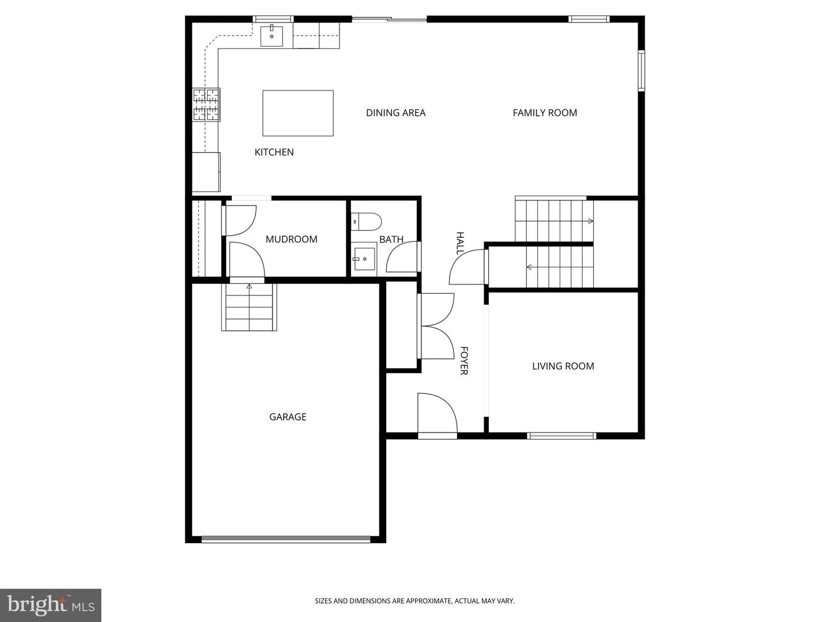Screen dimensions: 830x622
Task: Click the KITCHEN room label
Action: click(274, 152)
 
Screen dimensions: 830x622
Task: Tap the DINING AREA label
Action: click(395, 112)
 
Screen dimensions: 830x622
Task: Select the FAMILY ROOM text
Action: click(545, 112)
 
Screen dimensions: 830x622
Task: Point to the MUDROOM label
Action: click(291, 239)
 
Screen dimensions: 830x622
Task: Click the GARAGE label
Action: click(288, 417)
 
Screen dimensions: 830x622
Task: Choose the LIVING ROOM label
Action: click(563, 366)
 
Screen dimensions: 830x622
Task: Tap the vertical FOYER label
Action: click(464, 361)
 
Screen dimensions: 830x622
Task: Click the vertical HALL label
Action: click(460, 243)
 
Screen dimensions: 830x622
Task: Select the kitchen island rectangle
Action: click(298, 113)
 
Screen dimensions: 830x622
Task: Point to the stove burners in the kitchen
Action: click(206, 105)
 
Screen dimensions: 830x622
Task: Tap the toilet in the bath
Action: click(366, 222)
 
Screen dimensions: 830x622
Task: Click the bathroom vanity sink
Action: click(364, 259)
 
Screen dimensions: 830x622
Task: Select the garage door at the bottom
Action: click(285, 539)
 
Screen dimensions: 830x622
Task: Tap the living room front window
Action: click(561, 436)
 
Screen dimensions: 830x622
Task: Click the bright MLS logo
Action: click(51, 605)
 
